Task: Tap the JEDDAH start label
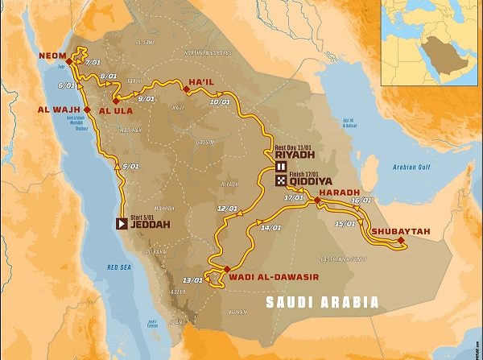(151, 225)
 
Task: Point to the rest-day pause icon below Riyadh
(281, 167)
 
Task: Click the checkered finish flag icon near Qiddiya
(281, 181)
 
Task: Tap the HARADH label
(341, 194)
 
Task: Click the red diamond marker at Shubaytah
(401, 239)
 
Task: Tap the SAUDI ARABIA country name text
(322, 302)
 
